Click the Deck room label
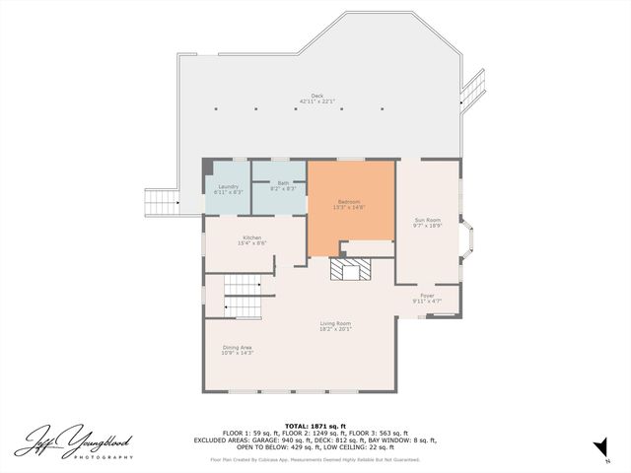coord(317,97)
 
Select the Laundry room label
coord(228,186)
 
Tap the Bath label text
coord(283,182)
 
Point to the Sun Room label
coord(427,219)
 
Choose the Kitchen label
coord(253,237)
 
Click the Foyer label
coord(427,295)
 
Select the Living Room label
coord(335,323)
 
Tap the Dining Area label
coord(237,347)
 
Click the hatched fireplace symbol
coord(348,271)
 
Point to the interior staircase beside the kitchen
coord(243,294)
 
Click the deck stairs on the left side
coord(161,202)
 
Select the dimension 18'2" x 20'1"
coord(335,329)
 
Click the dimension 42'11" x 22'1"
coord(317,101)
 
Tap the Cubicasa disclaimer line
coord(315,459)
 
